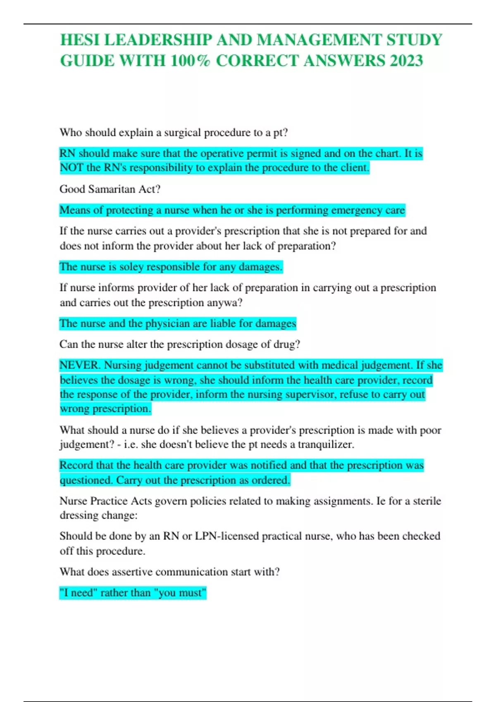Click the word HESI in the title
(x=80, y=40)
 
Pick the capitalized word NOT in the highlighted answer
(x=72, y=168)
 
